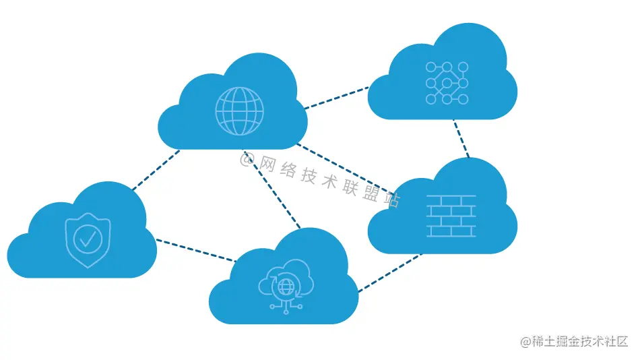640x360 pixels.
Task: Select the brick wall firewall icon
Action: tap(451, 216)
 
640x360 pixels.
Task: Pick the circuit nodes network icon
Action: tap(447, 83)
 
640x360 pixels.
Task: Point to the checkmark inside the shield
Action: tap(88, 238)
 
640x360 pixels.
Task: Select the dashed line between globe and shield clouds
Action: tap(156, 170)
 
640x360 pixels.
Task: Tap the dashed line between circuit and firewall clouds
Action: tap(461, 139)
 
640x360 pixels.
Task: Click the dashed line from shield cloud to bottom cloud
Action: tap(195, 250)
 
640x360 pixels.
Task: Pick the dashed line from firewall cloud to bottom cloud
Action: tap(389, 273)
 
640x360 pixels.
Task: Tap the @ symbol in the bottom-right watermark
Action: tap(525, 342)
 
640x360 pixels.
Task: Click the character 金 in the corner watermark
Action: tap(570, 342)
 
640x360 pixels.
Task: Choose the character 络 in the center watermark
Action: tap(289, 170)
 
